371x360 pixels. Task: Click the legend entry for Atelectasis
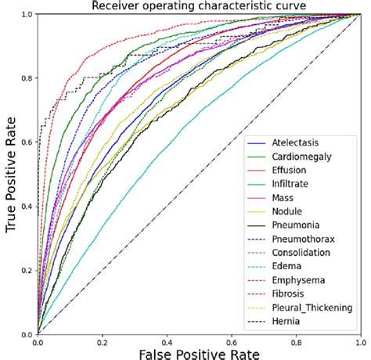coord(294,143)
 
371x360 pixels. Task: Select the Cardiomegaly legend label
coord(299,157)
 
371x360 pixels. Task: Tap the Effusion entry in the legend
coord(289,171)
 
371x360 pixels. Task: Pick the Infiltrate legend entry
coord(290,184)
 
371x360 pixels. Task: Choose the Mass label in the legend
coord(283,198)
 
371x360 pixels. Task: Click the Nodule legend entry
coord(286,211)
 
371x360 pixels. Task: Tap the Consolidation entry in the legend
coord(301,253)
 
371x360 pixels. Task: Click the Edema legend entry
coord(286,266)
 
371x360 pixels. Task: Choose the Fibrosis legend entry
coord(289,293)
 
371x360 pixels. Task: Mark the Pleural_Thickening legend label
coord(310,308)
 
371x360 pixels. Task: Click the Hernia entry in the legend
coord(286,321)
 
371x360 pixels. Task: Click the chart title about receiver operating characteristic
coord(198,6)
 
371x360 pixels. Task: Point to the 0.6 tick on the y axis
coord(27,142)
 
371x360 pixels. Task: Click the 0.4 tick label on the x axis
coord(167,341)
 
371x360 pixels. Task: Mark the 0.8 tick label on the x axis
coord(295,341)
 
